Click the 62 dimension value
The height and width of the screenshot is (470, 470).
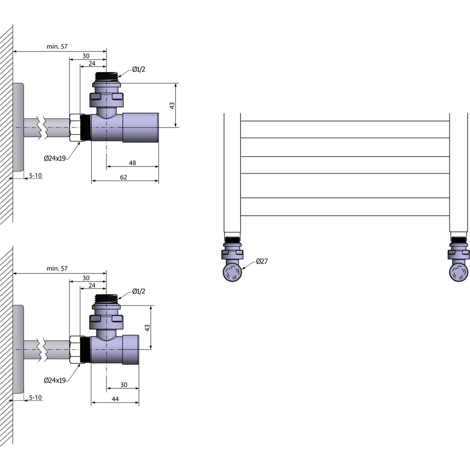point(123,177)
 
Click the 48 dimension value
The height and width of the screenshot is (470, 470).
point(132,163)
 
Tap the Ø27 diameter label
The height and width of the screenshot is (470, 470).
point(262,261)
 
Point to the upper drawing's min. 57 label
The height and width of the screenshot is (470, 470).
point(57,46)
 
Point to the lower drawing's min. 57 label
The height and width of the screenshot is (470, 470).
point(57,269)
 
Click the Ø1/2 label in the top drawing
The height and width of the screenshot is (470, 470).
point(139,69)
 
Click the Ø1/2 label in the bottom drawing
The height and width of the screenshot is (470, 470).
point(139,291)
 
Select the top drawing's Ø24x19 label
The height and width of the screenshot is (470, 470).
point(55,158)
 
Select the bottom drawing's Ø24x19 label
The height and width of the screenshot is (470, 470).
point(55,380)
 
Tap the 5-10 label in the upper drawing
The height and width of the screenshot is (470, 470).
point(36,175)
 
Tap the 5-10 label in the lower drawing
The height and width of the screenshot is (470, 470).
point(36,398)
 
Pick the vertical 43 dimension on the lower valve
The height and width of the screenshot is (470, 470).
point(148,327)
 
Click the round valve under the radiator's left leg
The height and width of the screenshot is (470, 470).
point(233,272)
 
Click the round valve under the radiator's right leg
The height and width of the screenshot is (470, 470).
point(459,272)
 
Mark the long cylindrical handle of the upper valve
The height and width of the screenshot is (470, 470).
point(141,127)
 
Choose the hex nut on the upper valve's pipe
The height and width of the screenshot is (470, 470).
point(74,127)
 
